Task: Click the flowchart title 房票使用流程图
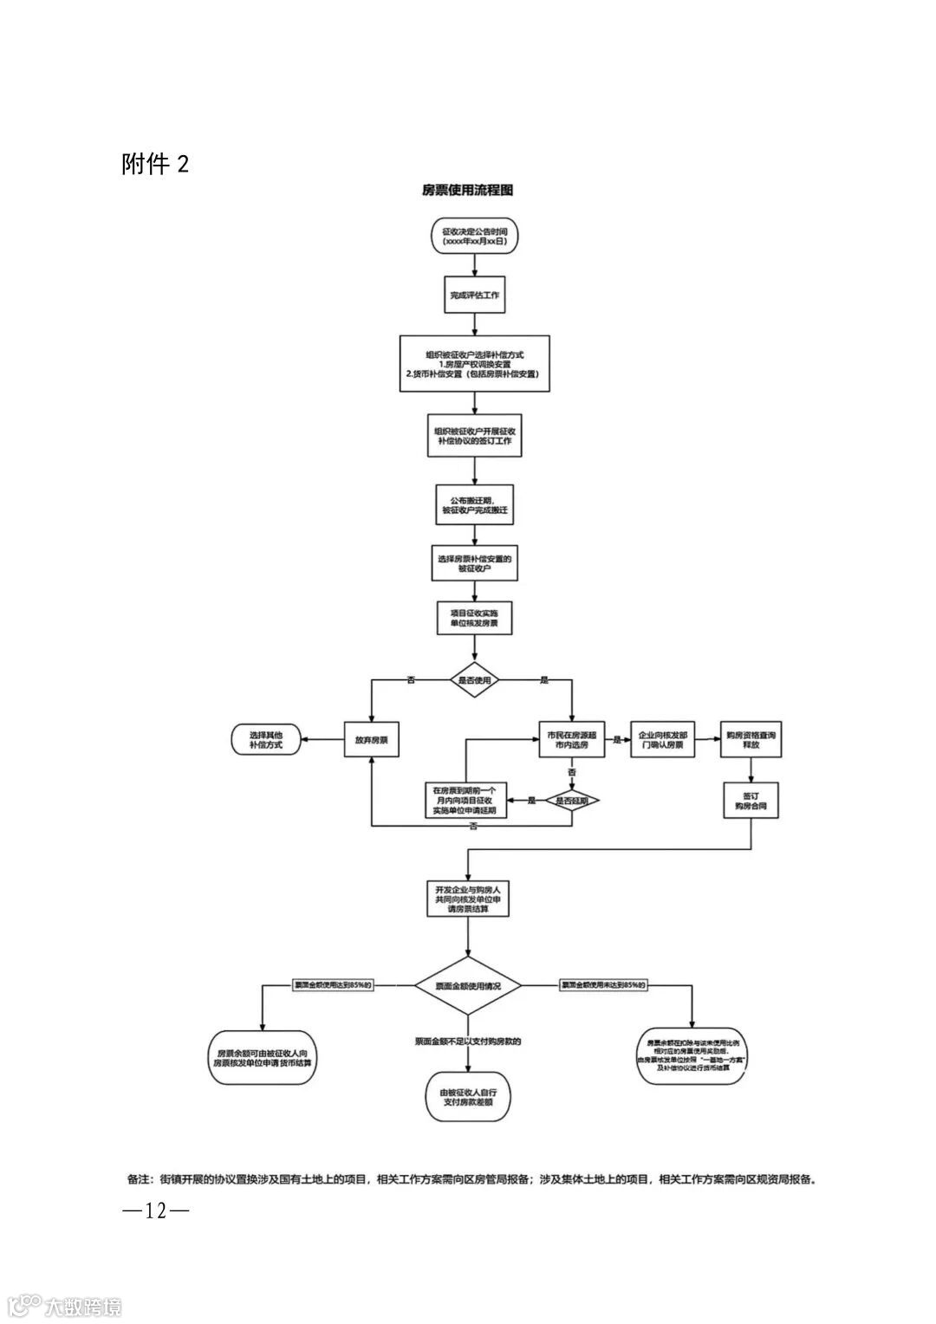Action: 468,190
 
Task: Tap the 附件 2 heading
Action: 155,164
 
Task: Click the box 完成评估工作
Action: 474,295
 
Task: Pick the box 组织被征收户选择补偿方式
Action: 474,364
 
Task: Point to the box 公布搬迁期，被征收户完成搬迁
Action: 474,505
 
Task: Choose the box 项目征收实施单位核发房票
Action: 474,619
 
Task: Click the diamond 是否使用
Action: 474,680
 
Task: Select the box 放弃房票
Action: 371,741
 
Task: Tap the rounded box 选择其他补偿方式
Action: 266,739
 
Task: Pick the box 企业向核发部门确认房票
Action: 662,739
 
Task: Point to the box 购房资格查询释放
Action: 751,739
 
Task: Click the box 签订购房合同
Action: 751,800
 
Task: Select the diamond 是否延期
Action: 572,801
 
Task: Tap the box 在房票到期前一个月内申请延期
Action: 465,801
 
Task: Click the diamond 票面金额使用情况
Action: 468,986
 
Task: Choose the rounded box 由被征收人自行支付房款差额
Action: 468,1097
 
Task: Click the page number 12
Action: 155,1210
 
